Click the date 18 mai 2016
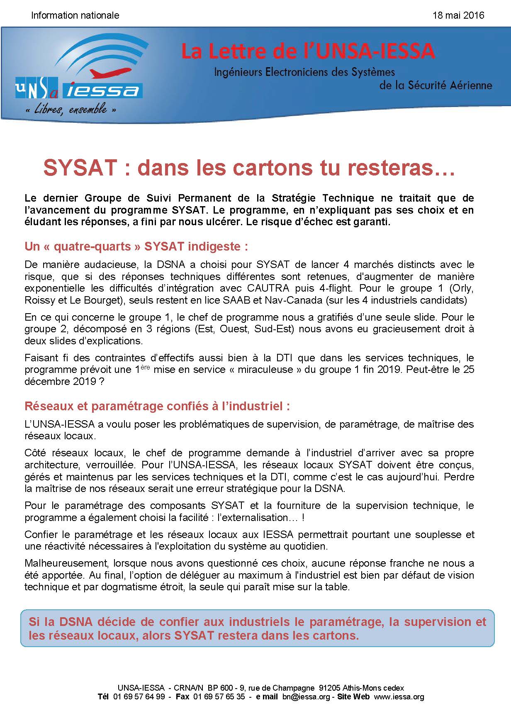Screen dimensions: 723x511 (458, 15)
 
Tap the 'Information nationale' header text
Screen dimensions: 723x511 (75, 15)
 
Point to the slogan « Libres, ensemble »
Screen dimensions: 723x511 (70, 110)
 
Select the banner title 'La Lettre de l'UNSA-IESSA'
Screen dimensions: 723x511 (308, 51)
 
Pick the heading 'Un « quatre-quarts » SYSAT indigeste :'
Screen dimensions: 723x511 (136, 246)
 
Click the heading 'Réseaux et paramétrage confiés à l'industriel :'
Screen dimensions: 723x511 (157, 406)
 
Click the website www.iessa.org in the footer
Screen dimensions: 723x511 (399, 696)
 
